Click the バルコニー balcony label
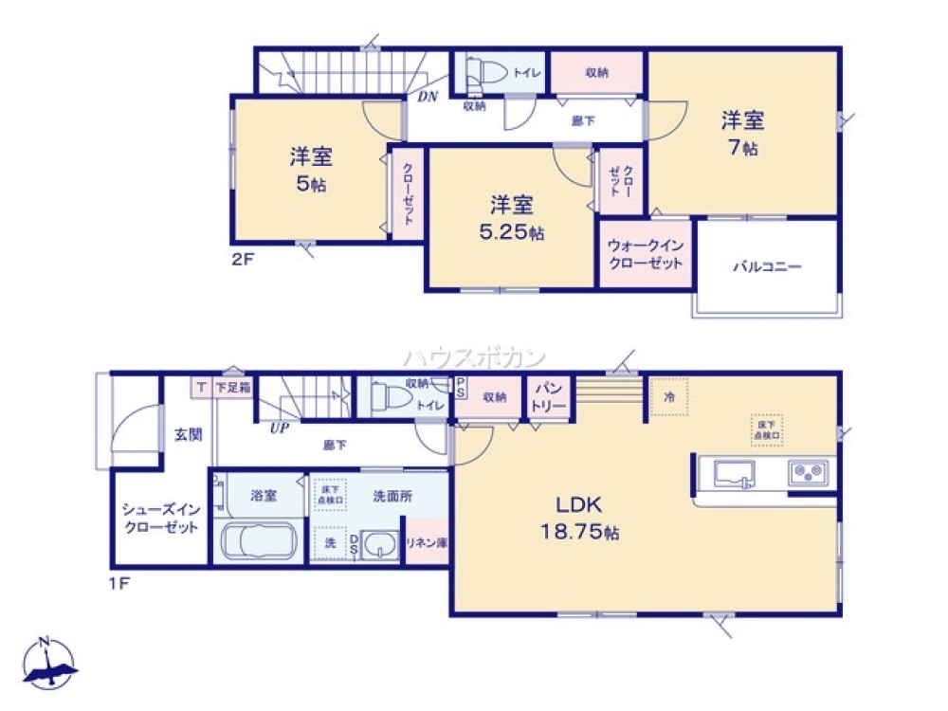pos(766,267)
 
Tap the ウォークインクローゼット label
pos(645,254)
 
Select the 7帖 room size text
pos(743,148)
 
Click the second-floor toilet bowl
pos(487,72)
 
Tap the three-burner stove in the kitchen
pos(808,470)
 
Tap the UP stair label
pos(279,428)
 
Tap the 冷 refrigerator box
pos(669,397)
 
